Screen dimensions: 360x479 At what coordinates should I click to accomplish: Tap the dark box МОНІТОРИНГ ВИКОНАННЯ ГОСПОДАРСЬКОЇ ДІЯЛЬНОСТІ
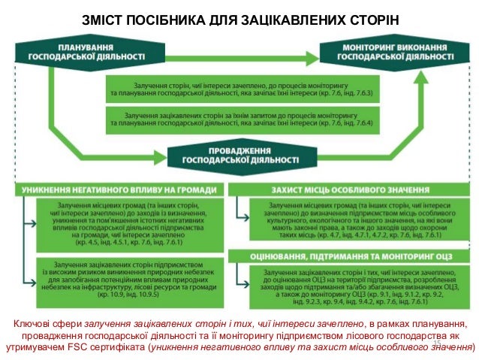(396, 52)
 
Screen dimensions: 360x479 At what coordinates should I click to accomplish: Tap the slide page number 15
(435, 343)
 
